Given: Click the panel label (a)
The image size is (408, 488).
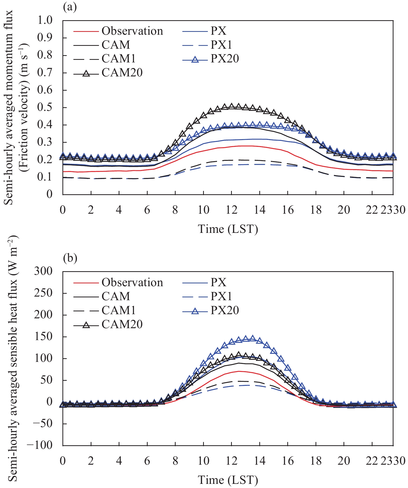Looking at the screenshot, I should (x=70, y=7).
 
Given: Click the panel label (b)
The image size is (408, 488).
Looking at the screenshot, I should (x=70, y=258).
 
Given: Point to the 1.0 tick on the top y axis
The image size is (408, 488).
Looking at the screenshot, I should (x=45, y=20).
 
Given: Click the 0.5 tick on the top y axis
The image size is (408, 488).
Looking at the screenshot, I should (x=45, y=107).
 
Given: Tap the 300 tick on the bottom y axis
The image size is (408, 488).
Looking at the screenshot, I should (x=43, y=271).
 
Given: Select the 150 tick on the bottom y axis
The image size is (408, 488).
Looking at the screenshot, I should (x=43, y=337).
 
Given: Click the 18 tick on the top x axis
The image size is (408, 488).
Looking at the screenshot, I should (x=316, y=210).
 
